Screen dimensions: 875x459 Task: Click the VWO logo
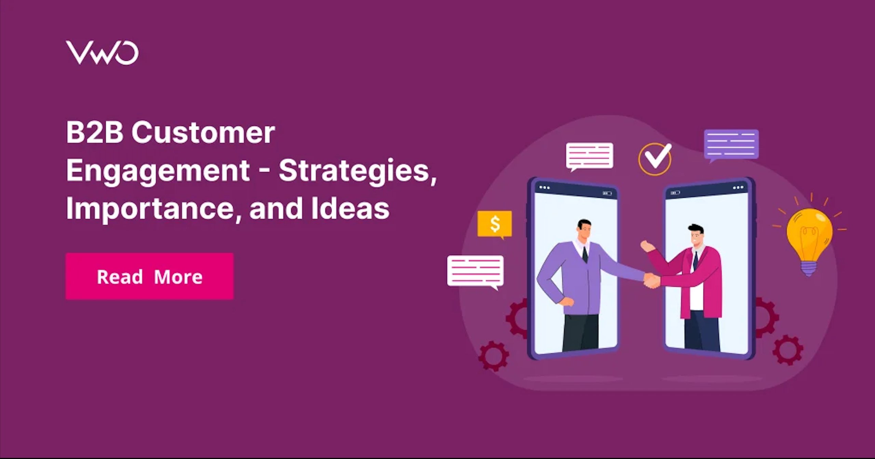point(102,53)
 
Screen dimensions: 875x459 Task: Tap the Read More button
point(149,276)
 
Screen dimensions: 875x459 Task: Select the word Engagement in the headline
point(158,171)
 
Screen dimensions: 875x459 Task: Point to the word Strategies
point(358,171)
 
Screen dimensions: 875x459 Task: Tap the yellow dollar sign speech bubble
point(495,225)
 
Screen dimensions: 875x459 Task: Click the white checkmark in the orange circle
point(657,157)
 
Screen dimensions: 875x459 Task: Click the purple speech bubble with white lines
point(731,145)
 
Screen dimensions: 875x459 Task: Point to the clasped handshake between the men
point(651,280)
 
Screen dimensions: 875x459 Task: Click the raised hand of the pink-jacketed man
point(646,246)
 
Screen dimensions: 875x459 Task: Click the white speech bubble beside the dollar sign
point(475,272)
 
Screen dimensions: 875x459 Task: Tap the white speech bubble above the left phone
point(590,156)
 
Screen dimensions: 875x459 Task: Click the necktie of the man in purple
point(585,254)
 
